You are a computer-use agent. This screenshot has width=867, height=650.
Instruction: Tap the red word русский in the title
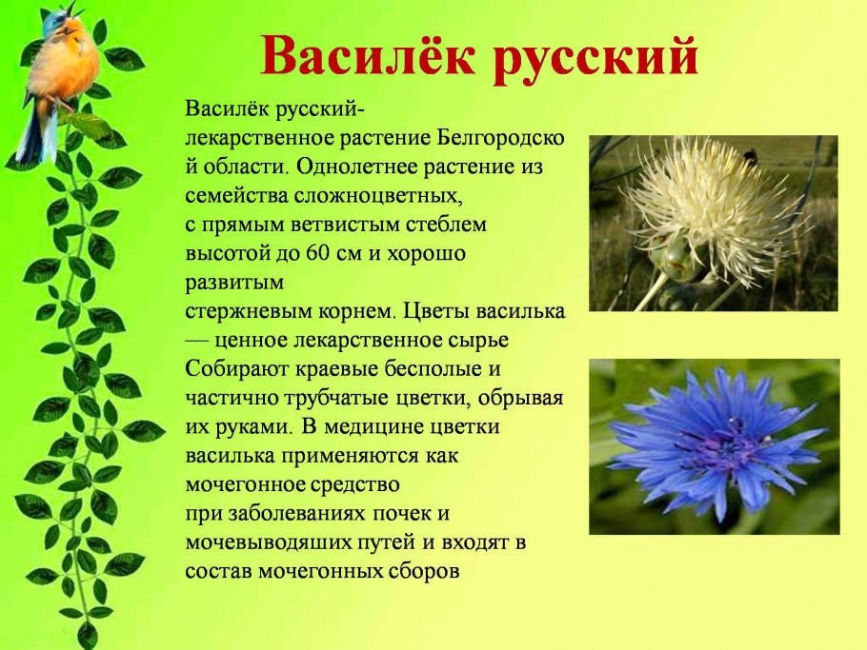(597, 57)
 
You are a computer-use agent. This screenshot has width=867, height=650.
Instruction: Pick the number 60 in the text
(317, 254)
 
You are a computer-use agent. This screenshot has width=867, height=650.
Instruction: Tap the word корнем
(354, 311)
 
